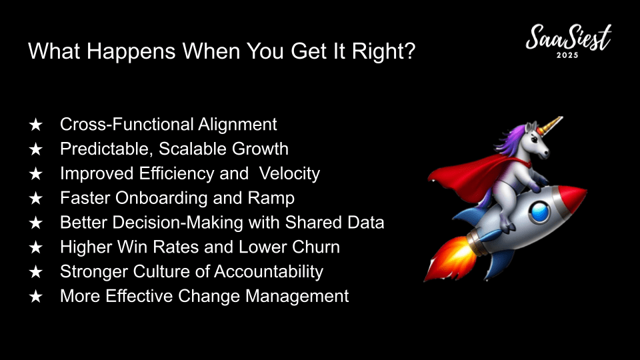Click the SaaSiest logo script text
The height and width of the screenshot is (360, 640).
click(x=568, y=37)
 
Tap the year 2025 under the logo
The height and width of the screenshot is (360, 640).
click(x=567, y=55)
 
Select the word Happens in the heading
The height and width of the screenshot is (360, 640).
click(x=131, y=52)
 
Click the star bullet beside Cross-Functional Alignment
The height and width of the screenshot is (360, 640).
click(x=36, y=125)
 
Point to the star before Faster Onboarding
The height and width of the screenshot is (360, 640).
click(x=36, y=199)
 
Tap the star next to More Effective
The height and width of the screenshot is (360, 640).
click(x=36, y=296)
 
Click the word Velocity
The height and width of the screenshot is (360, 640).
click(x=289, y=174)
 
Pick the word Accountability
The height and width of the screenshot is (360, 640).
click(x=269, y=272)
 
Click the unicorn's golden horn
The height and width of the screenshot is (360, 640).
click(x=551, y=125)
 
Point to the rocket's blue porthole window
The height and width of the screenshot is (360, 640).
click(x=539, y=211)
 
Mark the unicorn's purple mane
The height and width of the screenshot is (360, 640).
click(x=510, y=141)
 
